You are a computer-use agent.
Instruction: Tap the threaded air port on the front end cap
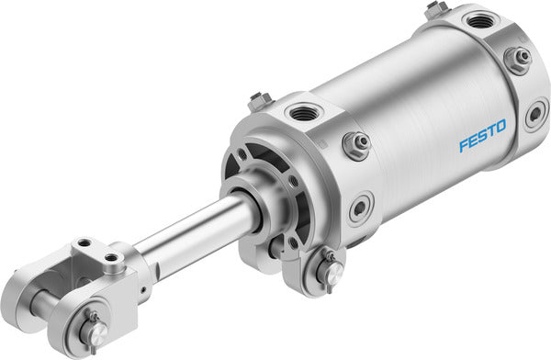tap(302, 113)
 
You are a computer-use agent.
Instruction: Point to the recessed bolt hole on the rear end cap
tap(534, 116)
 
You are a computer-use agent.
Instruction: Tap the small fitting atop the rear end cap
tap(434, 9)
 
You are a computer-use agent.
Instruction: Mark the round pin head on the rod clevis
tap(94, 330)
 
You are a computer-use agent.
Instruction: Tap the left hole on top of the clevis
tap(84, 242)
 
